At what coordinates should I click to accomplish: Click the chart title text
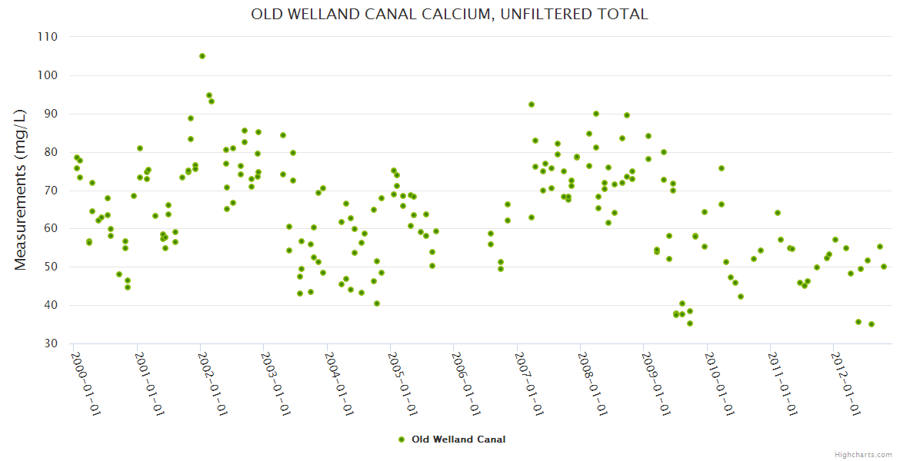click(x=449, y=15)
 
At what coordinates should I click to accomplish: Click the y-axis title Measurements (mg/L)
click(x=21, y=190)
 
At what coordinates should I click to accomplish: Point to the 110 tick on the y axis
click(x=48, y=37)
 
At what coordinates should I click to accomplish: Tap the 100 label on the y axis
click(x=48, y=75)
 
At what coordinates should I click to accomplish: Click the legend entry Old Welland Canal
click(x=458, y=439)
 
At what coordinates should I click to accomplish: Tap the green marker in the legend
click(x=402, y=439)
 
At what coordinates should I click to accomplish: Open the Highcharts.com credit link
click(x=863, y=454)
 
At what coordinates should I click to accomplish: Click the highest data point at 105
click(x=202, y=56)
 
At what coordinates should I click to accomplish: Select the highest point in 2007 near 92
click(x=532, y=104)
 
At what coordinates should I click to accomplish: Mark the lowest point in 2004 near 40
click(x=377, y=303)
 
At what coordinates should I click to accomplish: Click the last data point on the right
click(x=884, y=267)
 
